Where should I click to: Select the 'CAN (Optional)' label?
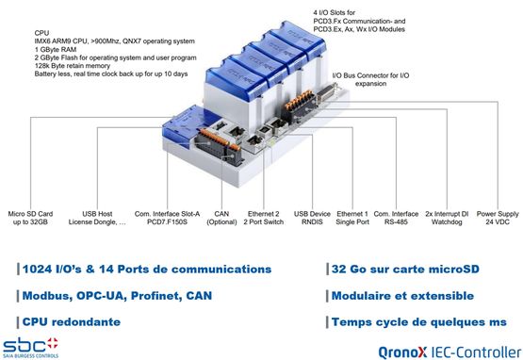click(x=221, y=218)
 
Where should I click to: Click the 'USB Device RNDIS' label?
click(x=312, y=218)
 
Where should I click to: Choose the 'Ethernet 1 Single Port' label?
click(x=352, y=218)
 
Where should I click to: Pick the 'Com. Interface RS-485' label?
click(x=396, y=218)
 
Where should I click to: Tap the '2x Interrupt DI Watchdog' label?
click(x=447, y=218)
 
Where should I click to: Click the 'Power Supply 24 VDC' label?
click(x=498, y=218)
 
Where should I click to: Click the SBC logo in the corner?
click(x=30, y=348)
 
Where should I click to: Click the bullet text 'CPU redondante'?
click(x=71, y=322)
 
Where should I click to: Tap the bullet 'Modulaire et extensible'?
click(x=402, y=296)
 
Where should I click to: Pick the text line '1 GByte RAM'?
click(x=56, y=49)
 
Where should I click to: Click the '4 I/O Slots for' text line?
click(x=335, y=12)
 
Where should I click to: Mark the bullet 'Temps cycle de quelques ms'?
click(x=419, y=322)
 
